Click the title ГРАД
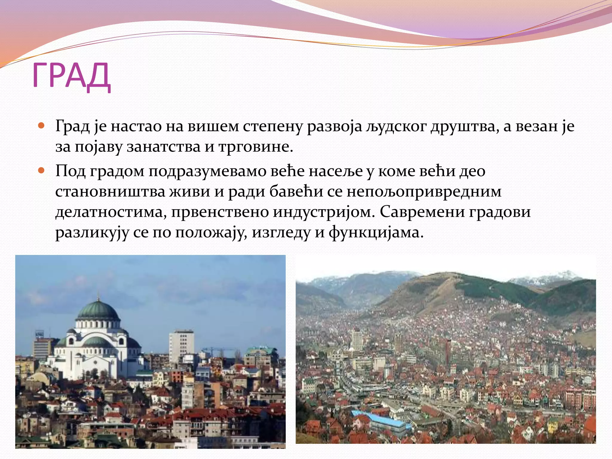point(71,76)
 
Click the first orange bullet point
point(42,125)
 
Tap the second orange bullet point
point(42,171)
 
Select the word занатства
point(163,147)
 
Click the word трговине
point(255,147)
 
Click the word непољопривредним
point(424,192)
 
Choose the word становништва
point(110,192)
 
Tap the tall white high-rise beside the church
point(181,347)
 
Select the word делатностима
point(111,212)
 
